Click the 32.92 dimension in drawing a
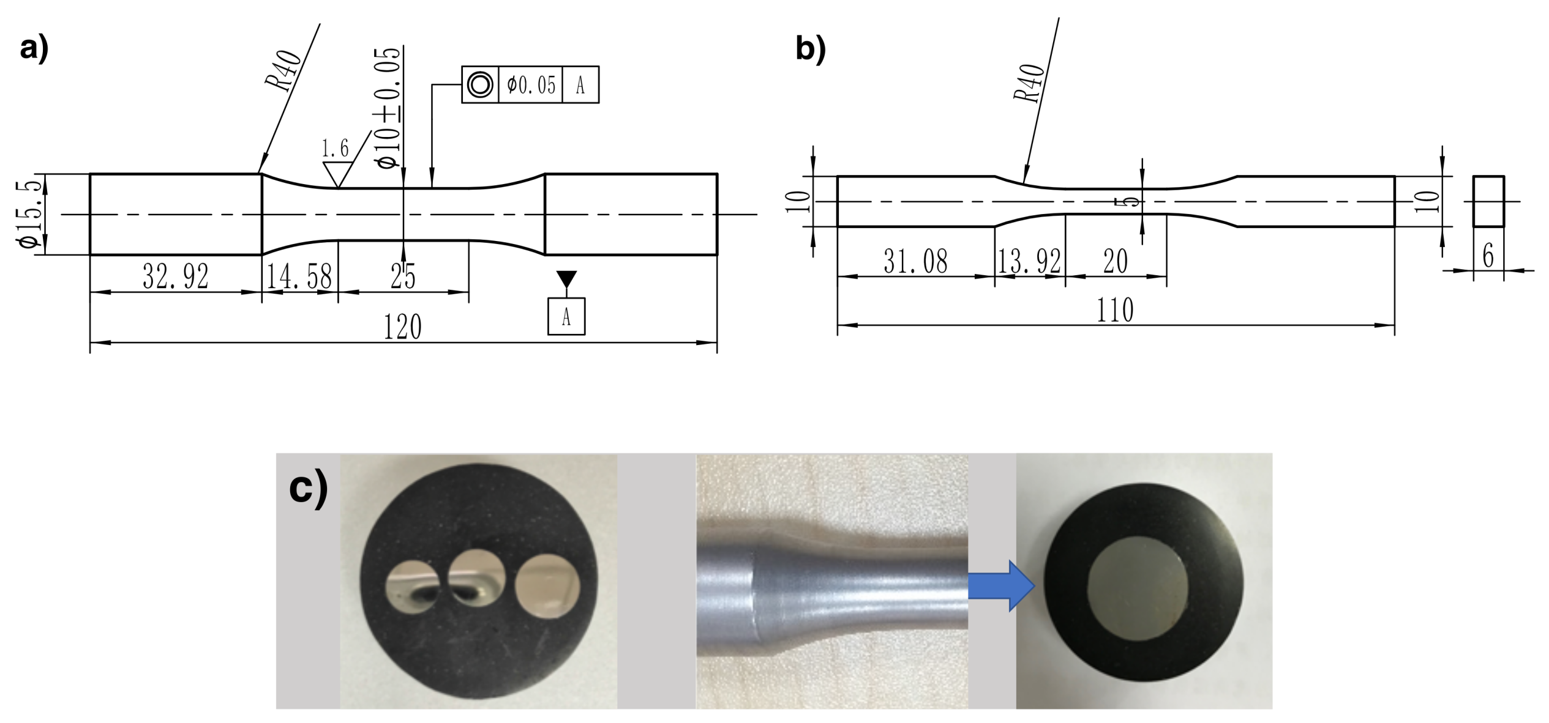[x=176, y=276]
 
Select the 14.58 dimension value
[x=299, y=276]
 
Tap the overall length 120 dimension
[x=402, y=327]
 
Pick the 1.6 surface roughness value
[x=335, y=148]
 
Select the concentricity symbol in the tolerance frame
[x=480, y=84]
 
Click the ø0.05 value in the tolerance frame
[x=531, y=84]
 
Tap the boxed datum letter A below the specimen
[x=566, y=316]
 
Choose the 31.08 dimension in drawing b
[x=915, y=262]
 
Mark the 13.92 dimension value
[x=1029, y=262]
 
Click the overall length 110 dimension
[x=1115, y=311]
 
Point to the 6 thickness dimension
[x=1488, y=255]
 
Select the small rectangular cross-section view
[x=1488, y=201]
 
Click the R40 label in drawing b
[x=1029, y=84]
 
